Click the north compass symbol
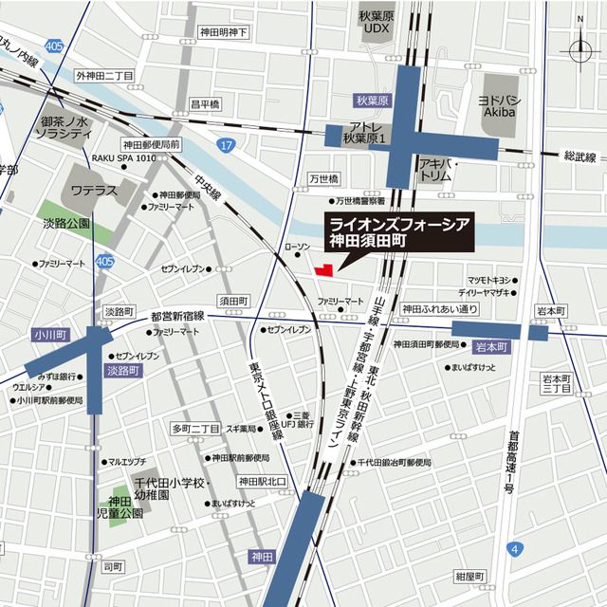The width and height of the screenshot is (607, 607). click(x=579, y=48)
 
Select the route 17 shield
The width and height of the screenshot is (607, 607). click(x=224, y=144)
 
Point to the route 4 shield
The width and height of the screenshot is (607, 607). click(x=513, y=549)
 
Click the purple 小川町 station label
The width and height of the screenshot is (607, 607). click(x=46, y=334)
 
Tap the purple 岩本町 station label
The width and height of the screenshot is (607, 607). click(x=493, y=348)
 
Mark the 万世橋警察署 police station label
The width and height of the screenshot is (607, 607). click(x=359, y=201)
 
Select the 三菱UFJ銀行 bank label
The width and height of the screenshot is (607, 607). click(x=303, y=420)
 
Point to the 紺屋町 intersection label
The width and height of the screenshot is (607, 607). click(x=469, y=577)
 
